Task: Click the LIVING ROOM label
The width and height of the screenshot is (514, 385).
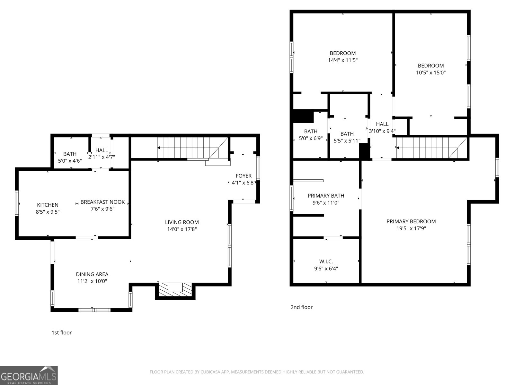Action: coord(182,222)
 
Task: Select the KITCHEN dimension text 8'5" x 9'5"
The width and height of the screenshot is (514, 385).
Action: coord(48,212)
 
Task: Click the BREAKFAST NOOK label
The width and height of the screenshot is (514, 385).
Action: coord(102,202)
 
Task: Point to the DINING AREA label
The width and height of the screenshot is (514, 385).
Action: coord(92,274)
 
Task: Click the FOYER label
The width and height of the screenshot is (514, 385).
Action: coord(244,176)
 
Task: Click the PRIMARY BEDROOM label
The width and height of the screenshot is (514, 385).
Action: coord(411,221)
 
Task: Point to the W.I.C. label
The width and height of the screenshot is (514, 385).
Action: coord(326,261)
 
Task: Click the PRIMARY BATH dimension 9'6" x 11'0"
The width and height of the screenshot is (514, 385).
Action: coord(326,203)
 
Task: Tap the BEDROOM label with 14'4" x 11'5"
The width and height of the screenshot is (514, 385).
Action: coord(342,53)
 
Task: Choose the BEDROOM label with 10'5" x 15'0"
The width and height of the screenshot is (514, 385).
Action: coord(430,66)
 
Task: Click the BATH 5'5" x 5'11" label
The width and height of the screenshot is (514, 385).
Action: coord(347,134)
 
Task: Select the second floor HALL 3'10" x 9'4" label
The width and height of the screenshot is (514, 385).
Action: coord(382,124)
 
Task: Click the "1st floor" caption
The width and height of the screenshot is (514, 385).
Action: coord(62,332)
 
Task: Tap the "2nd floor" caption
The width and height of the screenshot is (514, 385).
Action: coord(301,307)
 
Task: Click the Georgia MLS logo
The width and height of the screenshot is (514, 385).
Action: coord(29,375)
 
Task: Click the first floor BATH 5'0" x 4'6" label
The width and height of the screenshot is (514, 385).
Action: coord(70,154)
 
